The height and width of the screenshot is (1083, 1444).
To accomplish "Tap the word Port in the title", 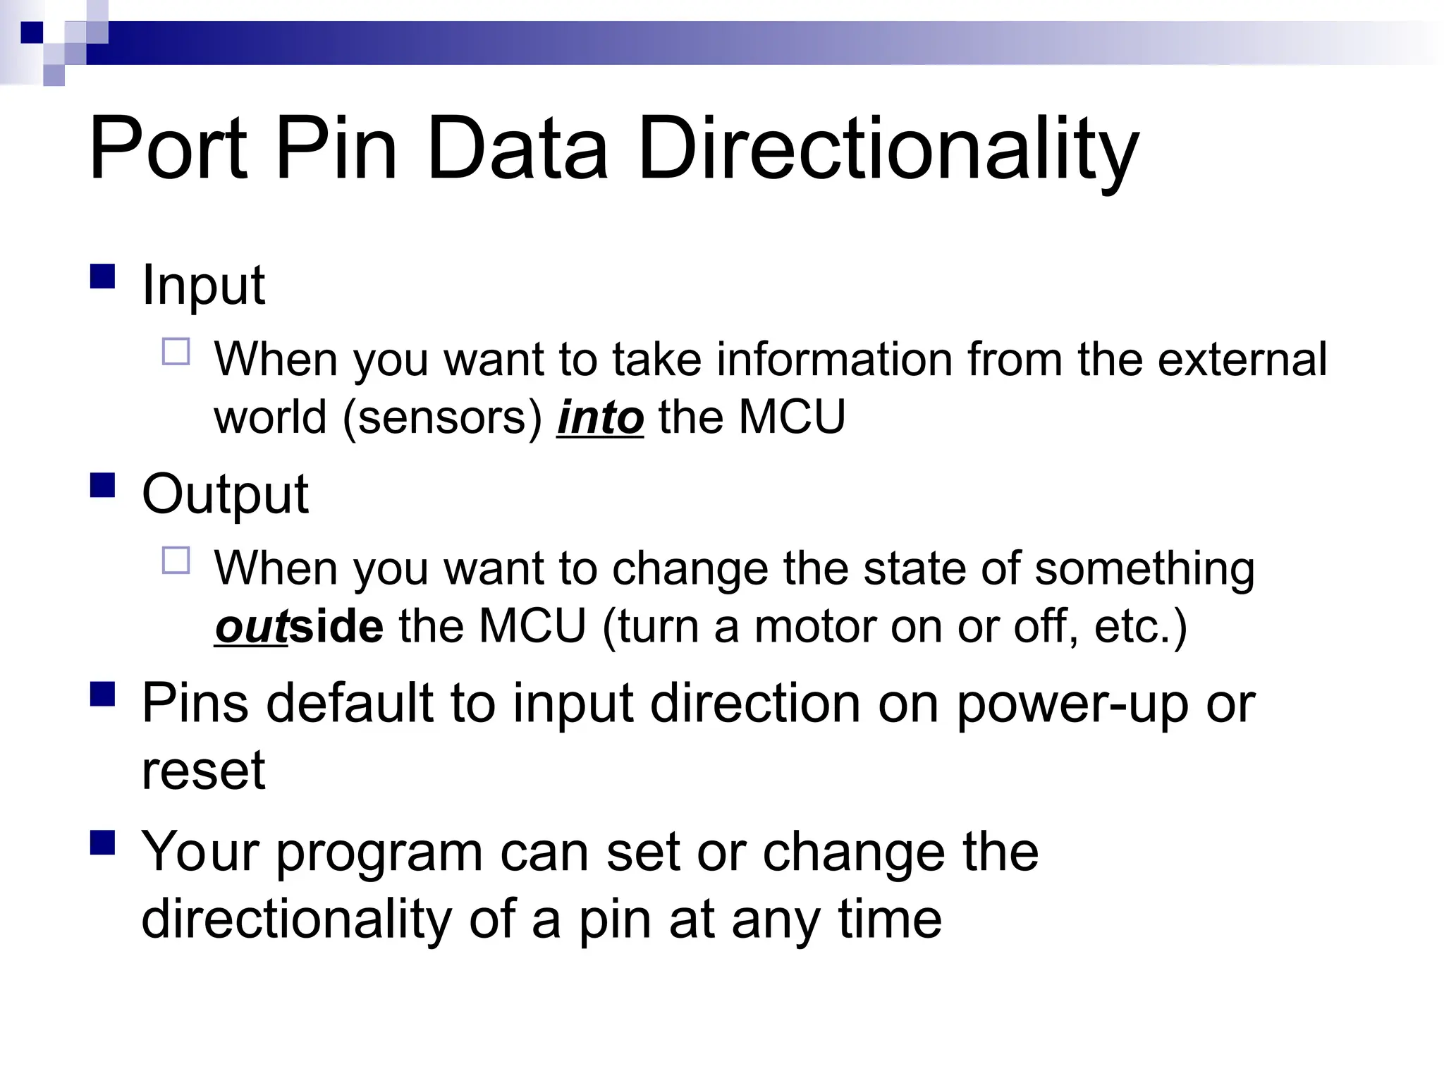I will pyautogui.click(x=168, y=149).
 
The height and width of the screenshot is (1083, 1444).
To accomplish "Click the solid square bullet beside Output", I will pyautogui.click(x=103, y=485).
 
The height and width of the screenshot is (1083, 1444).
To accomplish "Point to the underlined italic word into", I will pyautogui.click(x=600, y=417).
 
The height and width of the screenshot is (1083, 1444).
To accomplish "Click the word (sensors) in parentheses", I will pyautogui.click(x=442, y=417).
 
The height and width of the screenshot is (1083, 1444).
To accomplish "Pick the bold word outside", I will pyautogui.click(x=299, y=626).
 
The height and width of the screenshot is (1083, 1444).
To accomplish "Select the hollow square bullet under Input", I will pyautogui.click(x=176, y=351).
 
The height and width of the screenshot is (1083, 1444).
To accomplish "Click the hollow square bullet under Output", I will pyautogui.click(x=176, y=561).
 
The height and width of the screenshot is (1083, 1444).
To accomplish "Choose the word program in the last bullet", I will pyautogui.click(x=379, y=853).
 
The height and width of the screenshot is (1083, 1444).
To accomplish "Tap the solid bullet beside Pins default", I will pyautogui.click(x=103, y=694).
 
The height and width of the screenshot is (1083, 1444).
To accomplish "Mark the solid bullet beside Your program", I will pyautogui.click(x=103, y=843).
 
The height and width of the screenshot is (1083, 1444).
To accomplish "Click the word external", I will pyautogui.click(x=1242, y=359).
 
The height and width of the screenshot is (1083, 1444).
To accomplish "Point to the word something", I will pyautogui.click(x=1144, y=568).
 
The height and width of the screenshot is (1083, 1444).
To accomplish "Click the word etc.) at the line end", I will pyautogui.click(x=1140, y=626).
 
